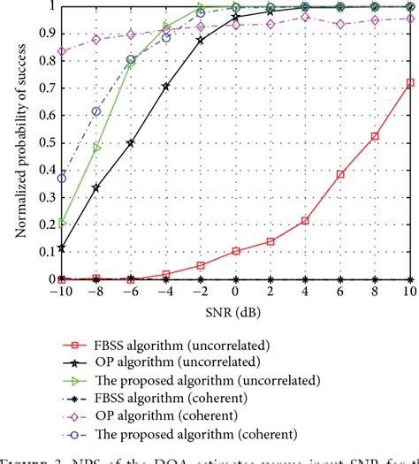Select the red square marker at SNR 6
(339, 174)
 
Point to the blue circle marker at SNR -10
(62, 178)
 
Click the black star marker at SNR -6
(131, 143)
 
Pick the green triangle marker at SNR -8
(96, 148)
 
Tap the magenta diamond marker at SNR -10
(62, 51)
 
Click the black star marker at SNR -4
(165, 87)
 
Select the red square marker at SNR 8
(375, 136)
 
